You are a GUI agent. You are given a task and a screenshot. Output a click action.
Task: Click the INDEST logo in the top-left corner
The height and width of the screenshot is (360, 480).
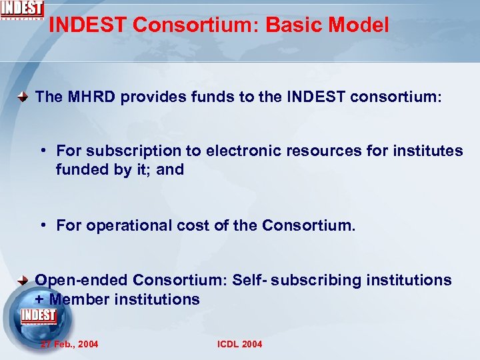pos(22,10)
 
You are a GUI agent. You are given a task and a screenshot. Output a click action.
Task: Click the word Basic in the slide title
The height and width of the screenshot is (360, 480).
pos(293,25)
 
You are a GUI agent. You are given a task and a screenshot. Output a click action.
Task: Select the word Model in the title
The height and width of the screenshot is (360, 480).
pos(359,25)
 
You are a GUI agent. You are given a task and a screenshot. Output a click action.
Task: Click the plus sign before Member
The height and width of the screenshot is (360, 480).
pos(39,299)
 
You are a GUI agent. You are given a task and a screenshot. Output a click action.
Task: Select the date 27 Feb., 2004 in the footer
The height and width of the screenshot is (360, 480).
pos(69,344)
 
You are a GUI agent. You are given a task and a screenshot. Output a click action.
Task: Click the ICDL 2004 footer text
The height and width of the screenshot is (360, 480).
pos(240,344)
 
